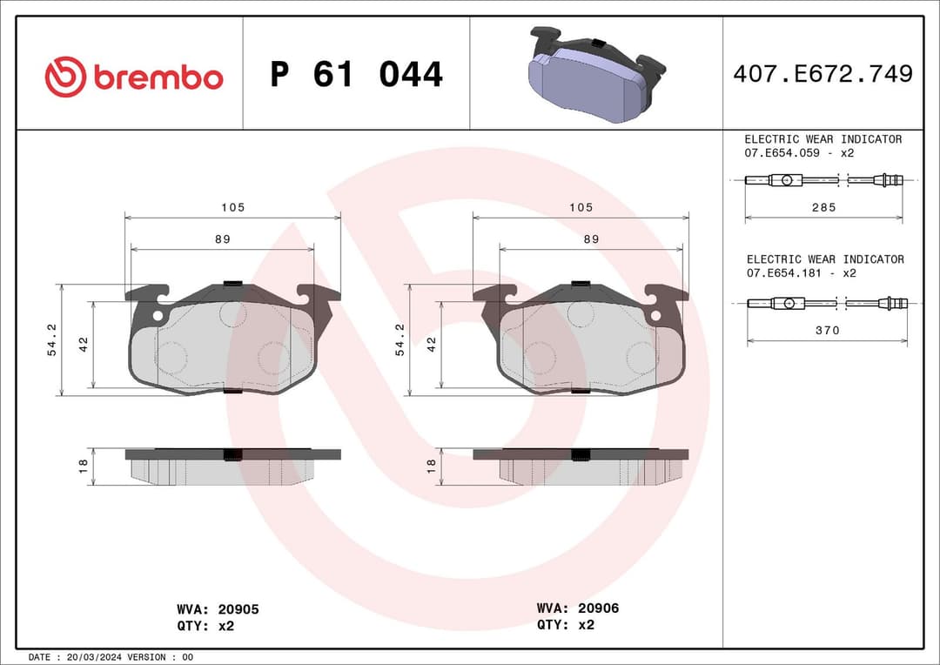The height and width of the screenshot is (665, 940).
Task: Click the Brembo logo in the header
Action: [x=134, y=77]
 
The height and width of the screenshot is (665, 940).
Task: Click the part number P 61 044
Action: [x=356, y=75]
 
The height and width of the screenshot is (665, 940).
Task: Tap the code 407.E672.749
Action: [x=822, y=74]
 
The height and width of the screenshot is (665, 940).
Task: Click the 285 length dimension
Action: [x=823, y=207]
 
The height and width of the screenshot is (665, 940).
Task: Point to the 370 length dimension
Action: [x=827, y=331]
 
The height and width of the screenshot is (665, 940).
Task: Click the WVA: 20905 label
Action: [x=218, y=609]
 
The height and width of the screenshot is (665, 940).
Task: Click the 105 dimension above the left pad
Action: [x=232, y=207]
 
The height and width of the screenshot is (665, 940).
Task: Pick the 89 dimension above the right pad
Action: [x=591, y=238]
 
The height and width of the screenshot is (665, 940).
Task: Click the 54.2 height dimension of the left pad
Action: [x=51, y=339]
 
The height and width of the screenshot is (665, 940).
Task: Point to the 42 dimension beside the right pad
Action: [x=431, y=344]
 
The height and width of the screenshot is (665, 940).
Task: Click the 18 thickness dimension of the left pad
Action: [x=84, y=467]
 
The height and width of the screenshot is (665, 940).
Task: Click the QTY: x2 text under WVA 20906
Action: [x=566, y=624]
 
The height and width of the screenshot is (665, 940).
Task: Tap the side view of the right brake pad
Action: [x=581, y=467]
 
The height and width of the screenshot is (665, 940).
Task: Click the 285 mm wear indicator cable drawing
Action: [x=823, y=180]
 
